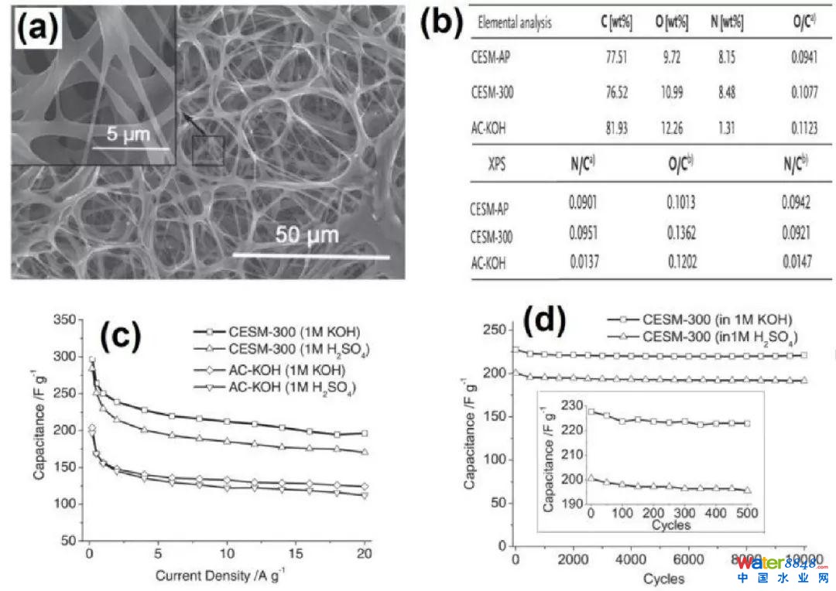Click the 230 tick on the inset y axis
pyautogui.click(x=573, y=405)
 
